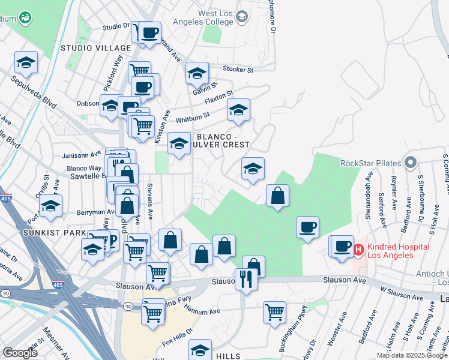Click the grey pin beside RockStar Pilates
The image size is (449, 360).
tap(411, 163)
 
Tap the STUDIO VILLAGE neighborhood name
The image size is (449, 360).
tap(95, 48)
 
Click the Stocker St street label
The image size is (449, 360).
tap(238, 70)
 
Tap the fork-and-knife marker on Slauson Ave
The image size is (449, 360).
tap(246, 280)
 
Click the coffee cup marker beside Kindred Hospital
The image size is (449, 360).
tap(343, 247)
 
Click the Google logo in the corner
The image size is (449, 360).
tap(20, 353)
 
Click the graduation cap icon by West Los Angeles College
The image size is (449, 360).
tap(241, 16)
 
